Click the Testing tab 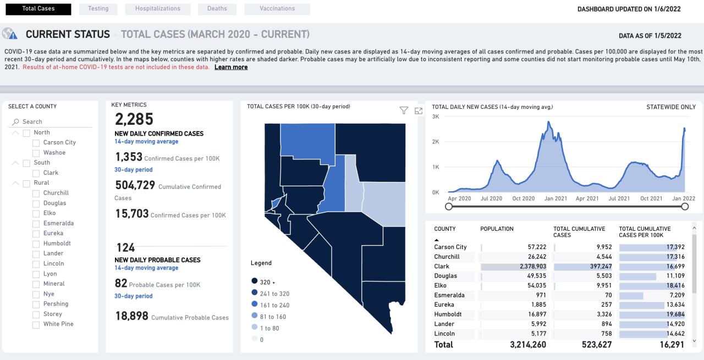[98, 9]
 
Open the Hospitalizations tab [157, 9]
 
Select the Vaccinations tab [277, 9]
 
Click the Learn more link [231, 67]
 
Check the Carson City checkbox [36, 143]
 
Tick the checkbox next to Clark [36, 173]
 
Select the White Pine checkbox [36, 324]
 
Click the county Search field [52, 121]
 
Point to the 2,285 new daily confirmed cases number [134, 119]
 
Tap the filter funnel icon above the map [404, 110]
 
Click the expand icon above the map [419, 110]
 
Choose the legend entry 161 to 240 [255, 305]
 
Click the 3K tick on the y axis [436, 117]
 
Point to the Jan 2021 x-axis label [555, 198]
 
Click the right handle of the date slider [685, 206]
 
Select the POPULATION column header [497, 229]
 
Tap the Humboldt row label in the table [448, 314]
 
